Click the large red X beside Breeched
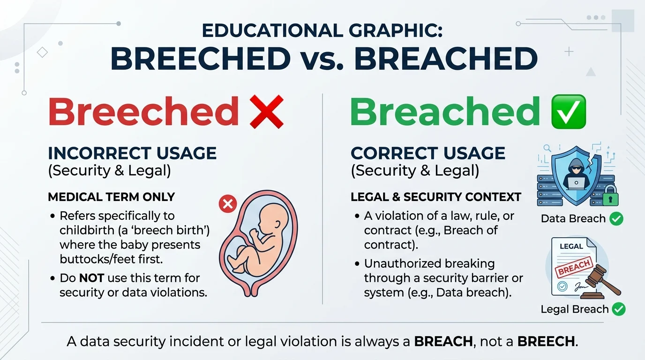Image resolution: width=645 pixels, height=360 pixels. tap(266, 112)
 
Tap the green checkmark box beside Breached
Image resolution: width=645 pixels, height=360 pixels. tap(569, 112)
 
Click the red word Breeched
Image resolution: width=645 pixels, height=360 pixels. tap(143, 112)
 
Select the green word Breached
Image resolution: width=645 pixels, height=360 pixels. tap(445, 112)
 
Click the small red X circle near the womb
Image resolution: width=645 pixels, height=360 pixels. tap(228, 204)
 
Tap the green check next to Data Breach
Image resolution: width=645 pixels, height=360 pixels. tap(616, 218)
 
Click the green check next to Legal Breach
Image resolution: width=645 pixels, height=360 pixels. tap(619, 309)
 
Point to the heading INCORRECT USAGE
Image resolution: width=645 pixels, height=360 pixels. tap(132, 153)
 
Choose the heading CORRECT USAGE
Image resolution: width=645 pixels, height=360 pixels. tap(428, 153)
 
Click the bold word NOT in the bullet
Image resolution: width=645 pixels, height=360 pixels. tap(91, 278)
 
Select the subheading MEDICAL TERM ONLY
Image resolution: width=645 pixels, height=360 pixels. tap(112, 197)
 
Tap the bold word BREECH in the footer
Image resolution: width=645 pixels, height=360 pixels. tap(546, 341)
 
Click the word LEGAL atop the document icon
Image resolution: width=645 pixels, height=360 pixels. tap(571, 246)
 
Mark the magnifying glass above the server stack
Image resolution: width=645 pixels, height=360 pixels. tap(547, 149)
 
